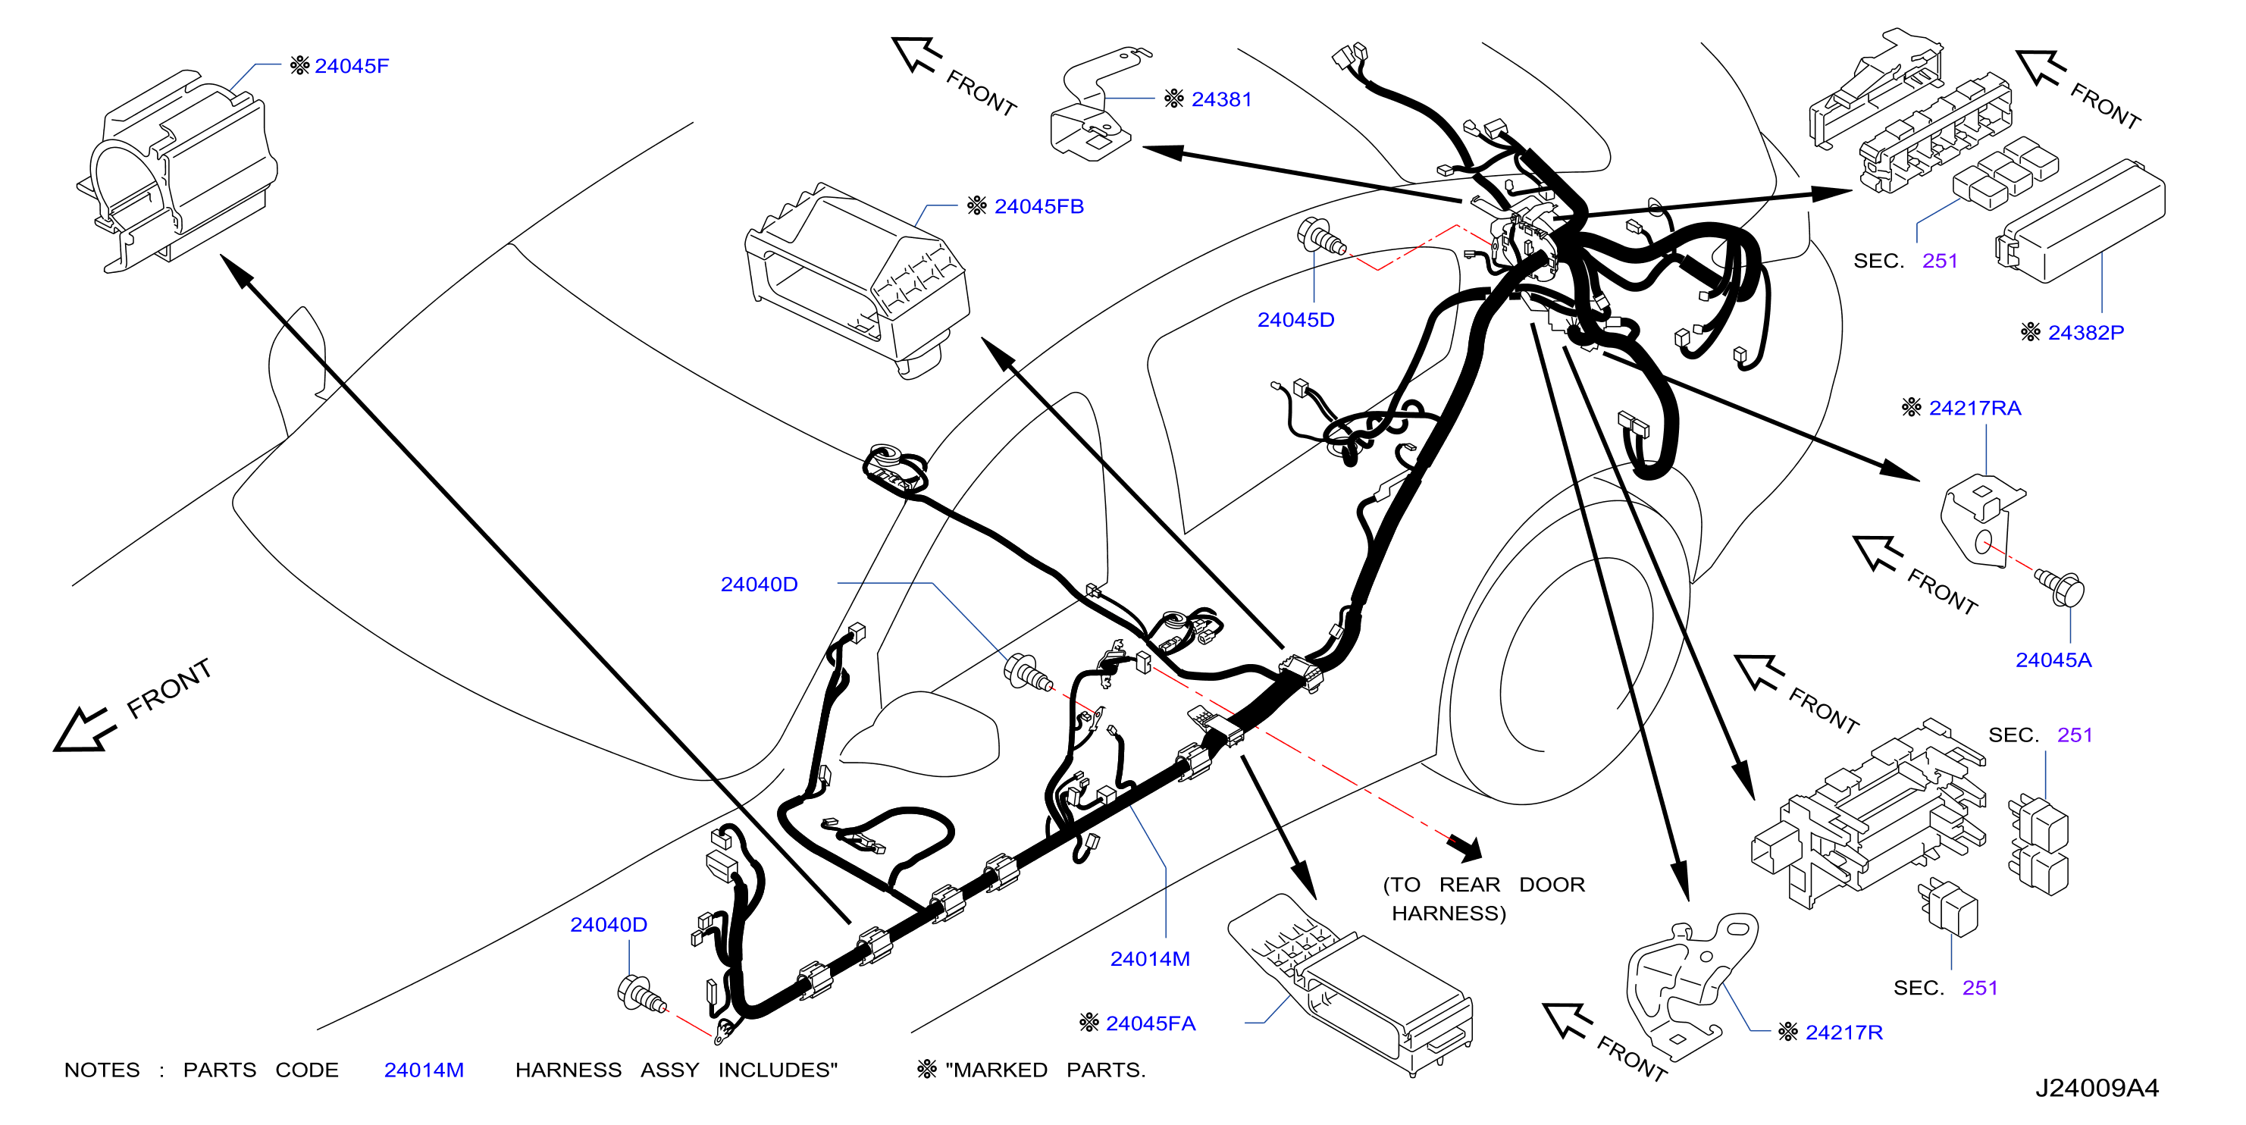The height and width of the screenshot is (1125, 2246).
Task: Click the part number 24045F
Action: click(x=352, y=65)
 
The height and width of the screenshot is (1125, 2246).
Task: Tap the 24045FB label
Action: click(x=1038, y=207)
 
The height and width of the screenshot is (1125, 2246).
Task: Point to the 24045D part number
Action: click(x=1295, y=320)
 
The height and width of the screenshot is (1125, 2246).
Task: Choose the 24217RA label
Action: click(x=1975, y=408)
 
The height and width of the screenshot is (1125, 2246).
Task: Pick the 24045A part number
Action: click(x=2053, y=660)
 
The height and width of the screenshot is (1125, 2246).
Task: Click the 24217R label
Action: click(x=1844, y=1033)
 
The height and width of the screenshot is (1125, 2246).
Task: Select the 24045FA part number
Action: click(x=1150, y=1024)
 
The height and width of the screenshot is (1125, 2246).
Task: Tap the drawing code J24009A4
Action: click(x=2097, y=1089)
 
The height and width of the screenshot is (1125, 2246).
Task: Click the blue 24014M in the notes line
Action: click(x=424, y=1070)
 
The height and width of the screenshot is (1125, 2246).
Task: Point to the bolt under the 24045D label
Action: click(x=1320, y=236)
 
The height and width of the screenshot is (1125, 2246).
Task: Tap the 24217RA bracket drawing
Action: click(x=1980, y=520)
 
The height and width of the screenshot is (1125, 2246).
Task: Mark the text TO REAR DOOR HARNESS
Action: click(x=1483, y=899)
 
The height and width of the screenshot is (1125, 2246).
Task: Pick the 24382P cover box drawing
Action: click(x=2080, y=221)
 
